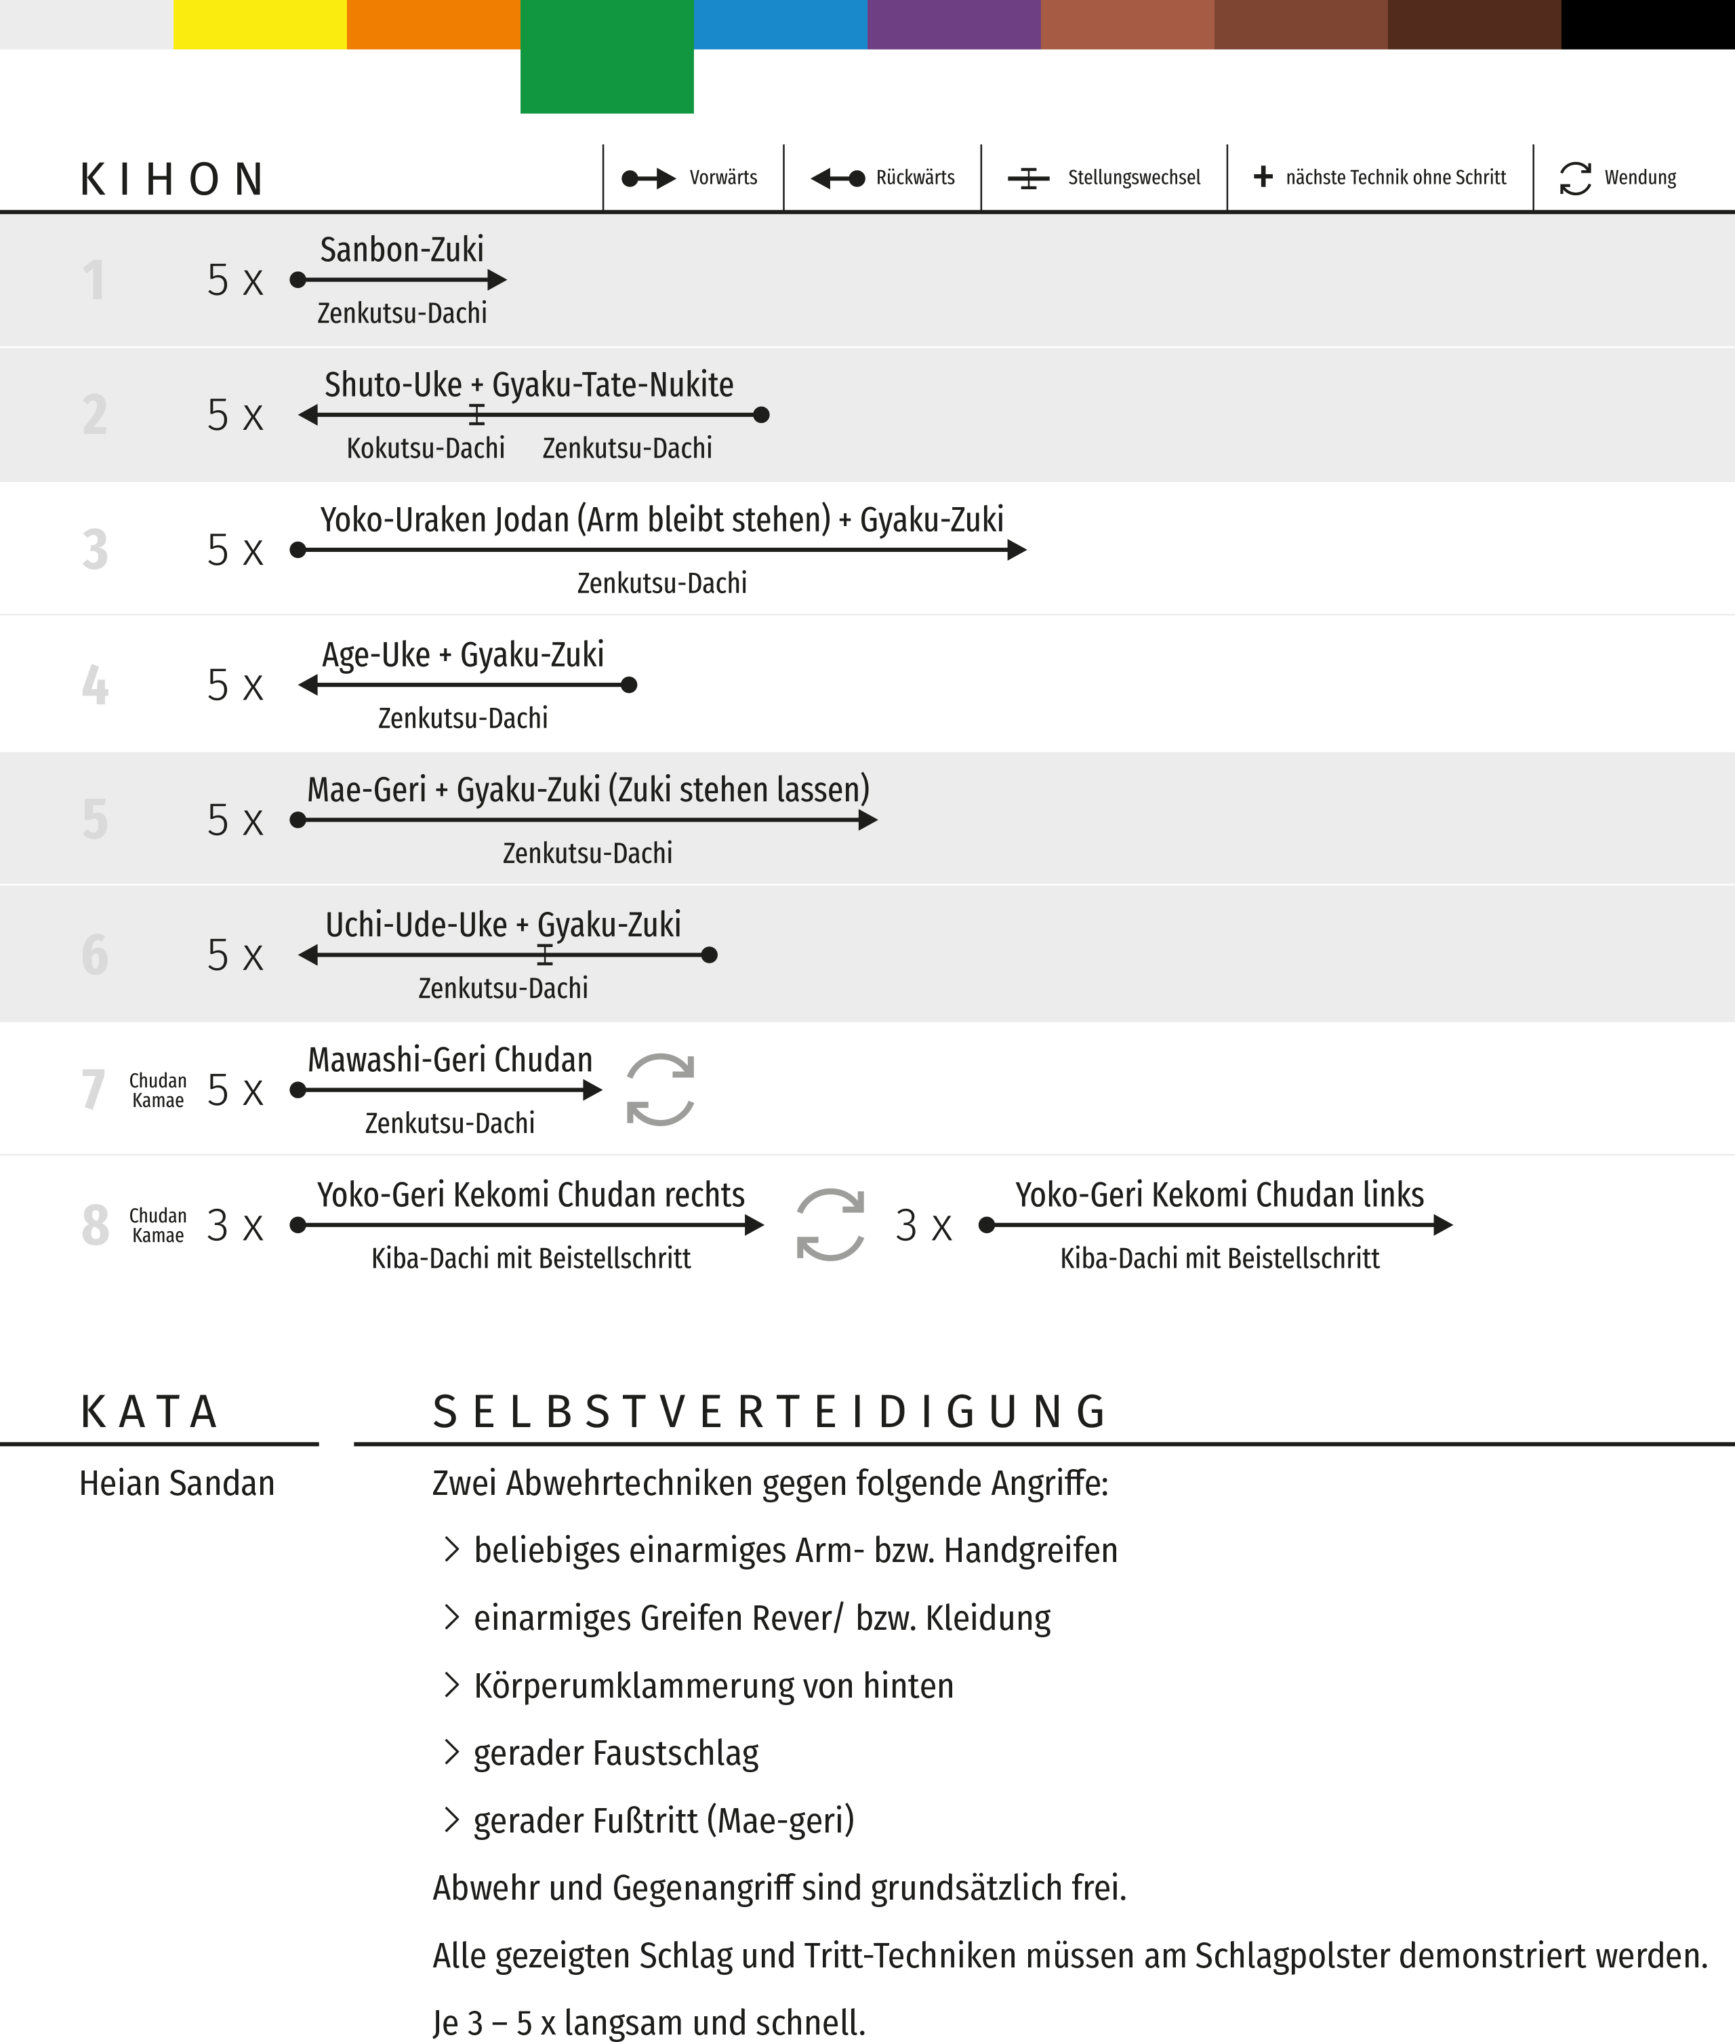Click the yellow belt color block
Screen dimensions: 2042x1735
tap(260, 24)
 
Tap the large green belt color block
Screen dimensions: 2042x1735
tap(607, 57)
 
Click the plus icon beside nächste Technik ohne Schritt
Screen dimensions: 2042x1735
tap(1263, 177)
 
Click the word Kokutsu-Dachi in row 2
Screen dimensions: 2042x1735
tap(425, 449)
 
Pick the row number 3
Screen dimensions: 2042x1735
tap(94, 550)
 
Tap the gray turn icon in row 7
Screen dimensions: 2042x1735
tap(660, 1090)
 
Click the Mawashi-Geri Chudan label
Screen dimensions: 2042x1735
tap(449, 1060)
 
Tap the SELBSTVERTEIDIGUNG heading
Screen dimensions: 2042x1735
tap(771, 1412)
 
